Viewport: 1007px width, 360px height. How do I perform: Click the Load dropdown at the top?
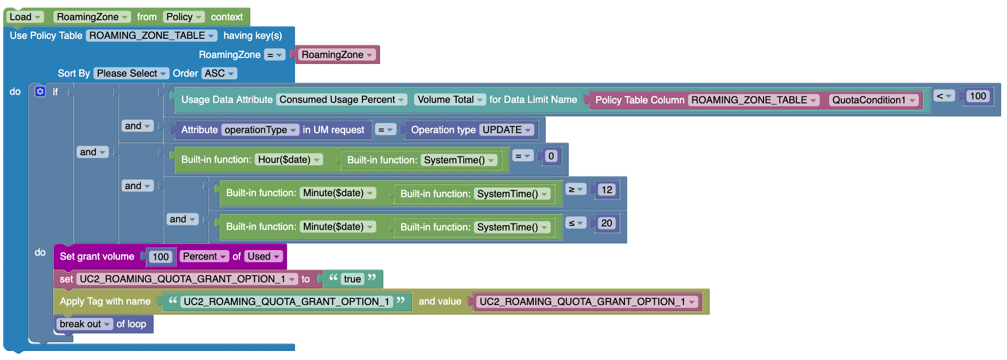pyautogui.click(x=25, y=17)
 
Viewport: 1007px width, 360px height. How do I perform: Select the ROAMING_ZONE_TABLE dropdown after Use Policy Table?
pyautogui.click(x=151, y=36)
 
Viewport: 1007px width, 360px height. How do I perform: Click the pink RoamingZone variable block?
pyautogui.click(x=337, y=54)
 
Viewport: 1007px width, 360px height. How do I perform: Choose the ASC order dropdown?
pyautogui.click(x=219, y=74)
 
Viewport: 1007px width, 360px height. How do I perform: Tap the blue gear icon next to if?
pyautogui.click(x=40, y=91)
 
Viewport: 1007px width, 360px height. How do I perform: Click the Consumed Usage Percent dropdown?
pyautogui.click(x=342, y=100)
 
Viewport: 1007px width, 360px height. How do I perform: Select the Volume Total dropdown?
pyautogui.click(x=450, y=100)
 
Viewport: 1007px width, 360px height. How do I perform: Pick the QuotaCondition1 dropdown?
pyautogui.click(x=873, y=100)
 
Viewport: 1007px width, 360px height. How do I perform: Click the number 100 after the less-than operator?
pyautogui.click(x=977, y=96)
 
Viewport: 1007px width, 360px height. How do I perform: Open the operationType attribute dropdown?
pyautogui.click(x=260, y=130)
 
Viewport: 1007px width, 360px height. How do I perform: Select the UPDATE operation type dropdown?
pyautogui.click(x=507, y=130)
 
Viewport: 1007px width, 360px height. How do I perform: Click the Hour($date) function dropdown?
pyautogui.click(x=288, y=160)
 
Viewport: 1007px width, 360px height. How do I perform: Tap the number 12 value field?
pyautogui.click(x=606, y=190)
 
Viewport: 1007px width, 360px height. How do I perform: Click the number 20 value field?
pyautogui.click(x=606, y=223)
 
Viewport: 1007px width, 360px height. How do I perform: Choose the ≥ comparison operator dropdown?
pyautogui.click(x=575, y=190)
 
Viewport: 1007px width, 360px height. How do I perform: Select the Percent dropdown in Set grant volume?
pyautogui.click(x=204, y=257)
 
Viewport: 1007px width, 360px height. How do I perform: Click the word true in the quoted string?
pyautogui.click(x=352, y=279)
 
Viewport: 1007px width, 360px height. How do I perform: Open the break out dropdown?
pyautogui.click(x=85, y=324)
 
